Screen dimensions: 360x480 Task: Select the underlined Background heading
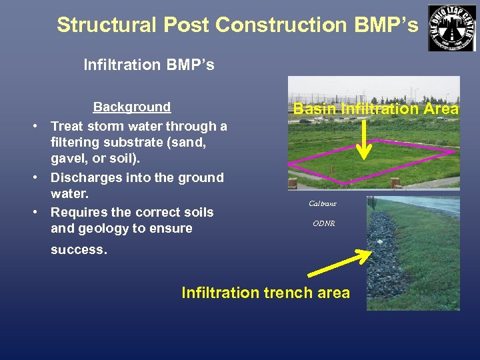pos(131,107)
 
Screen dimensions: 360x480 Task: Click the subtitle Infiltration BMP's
pos(149,65)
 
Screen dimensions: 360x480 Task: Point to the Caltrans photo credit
pos(323,204)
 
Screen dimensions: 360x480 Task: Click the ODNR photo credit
pos(323,224)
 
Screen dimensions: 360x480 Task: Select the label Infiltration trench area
pos(265,293)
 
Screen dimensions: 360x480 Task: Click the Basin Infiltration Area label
pos(376,109)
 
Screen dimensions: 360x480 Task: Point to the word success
pos(78,250)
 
